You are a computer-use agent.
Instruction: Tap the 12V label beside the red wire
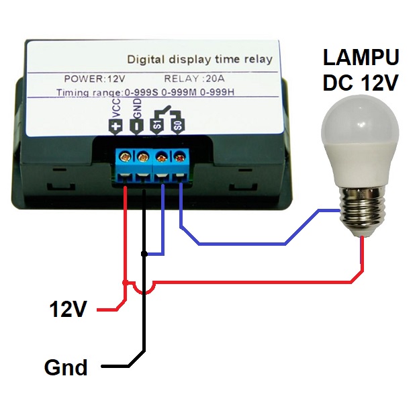[x=68, y=310]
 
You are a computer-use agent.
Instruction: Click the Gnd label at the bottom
[x=66, y=367]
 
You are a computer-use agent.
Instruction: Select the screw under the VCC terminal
[x=125, y=157]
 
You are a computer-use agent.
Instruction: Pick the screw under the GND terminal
[x=143, y=157]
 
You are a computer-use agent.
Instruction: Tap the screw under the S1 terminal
[x=162, y=157]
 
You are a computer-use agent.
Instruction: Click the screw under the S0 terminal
[x=180, y=157]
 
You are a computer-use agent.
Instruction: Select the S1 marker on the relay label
[x=157, y=124]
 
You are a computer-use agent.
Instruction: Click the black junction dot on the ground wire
[x=144, y=254]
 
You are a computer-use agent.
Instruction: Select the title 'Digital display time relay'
[x=199, y=59]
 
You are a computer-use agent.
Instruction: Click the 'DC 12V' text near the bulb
[x=361, y=83]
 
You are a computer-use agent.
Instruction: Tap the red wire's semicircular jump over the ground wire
[x=144, y=289]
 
